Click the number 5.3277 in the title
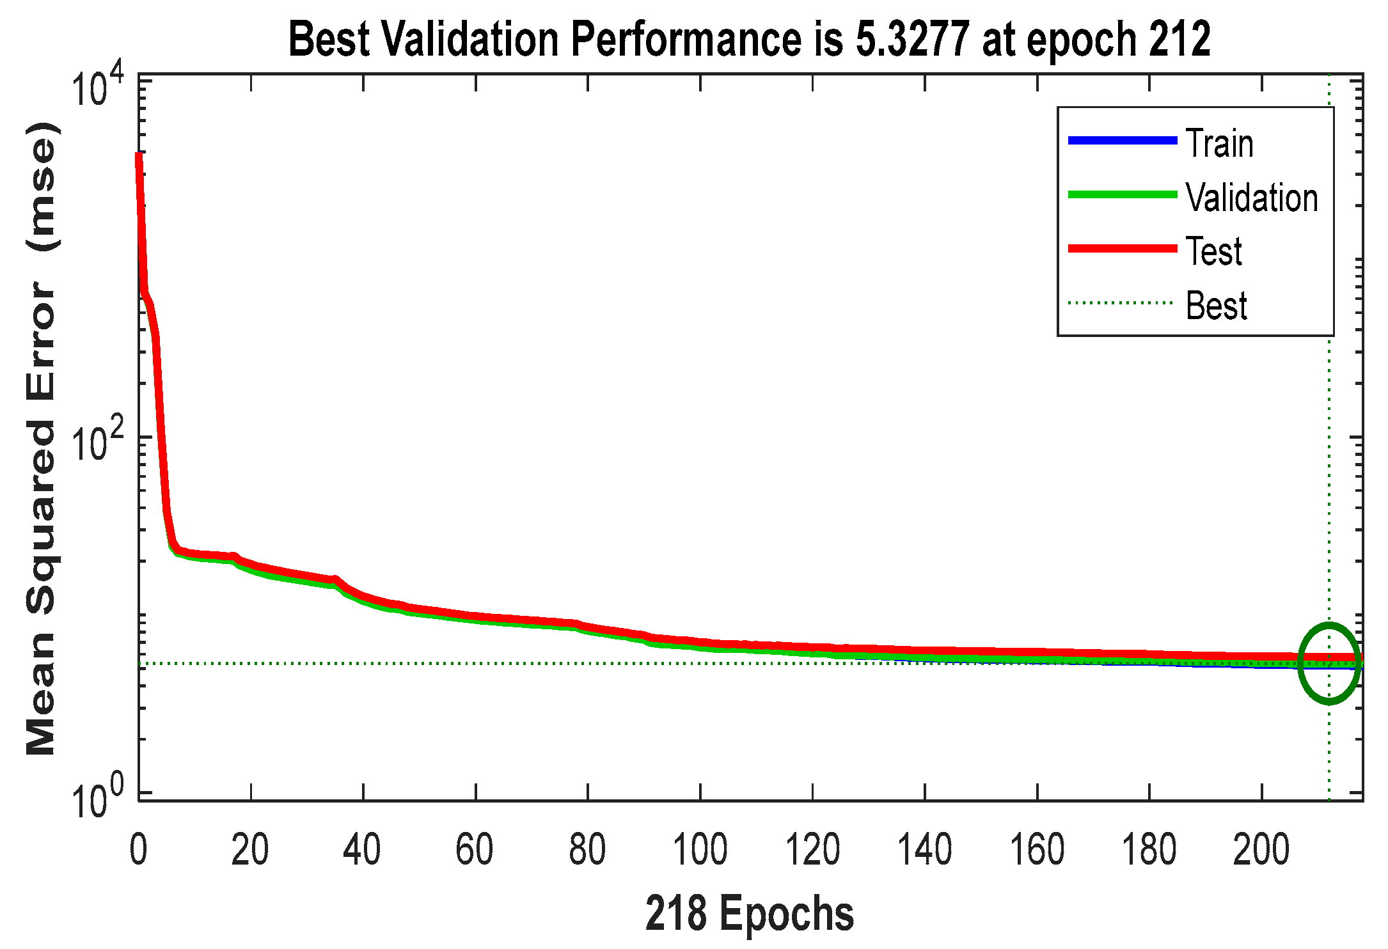coord(912,40)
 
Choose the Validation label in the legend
coord(1252,198)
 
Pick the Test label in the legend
coord(1214,251)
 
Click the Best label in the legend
coord(1216,306)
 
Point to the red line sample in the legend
coord(1123,249)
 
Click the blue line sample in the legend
coord(1123,141)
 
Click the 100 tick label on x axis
coord(700,851)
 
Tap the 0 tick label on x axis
coord(138,851)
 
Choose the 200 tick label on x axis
coord(1261,851)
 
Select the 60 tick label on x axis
coord(475,851)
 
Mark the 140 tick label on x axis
coord(924,851)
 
